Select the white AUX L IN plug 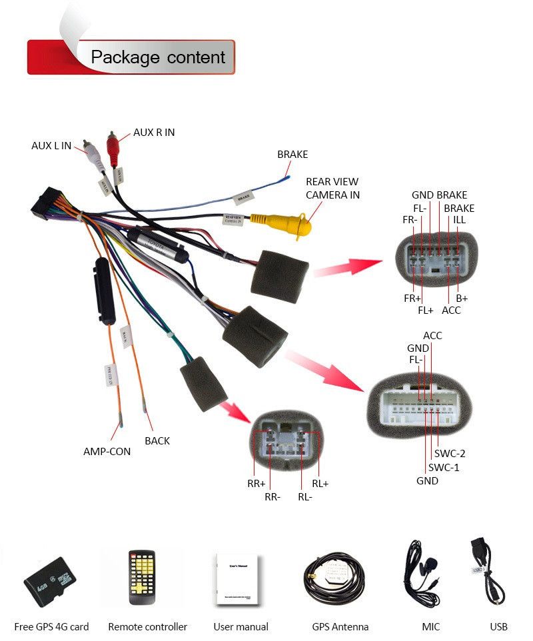pos(94,157)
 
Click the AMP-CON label pos(107,451)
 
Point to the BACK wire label pos(157,440)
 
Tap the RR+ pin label pos(257,484)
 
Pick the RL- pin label pos(305,496)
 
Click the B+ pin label pos(462,298)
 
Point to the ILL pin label pos(460,220)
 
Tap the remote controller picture pos(141,576)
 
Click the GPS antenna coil pos(334,578)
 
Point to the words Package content pos(158,57)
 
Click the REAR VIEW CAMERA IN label pos(332,188)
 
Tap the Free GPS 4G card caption pos(51,626)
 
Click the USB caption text pos(498,626)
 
